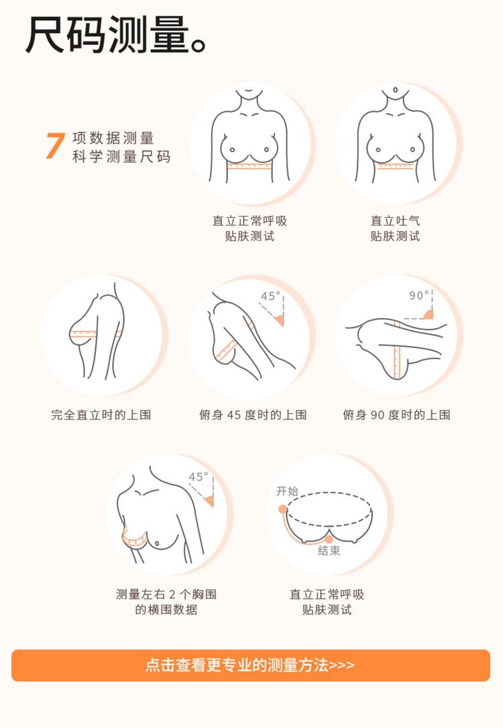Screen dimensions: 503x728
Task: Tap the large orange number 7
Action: pyautogui.click(x=55, y=146)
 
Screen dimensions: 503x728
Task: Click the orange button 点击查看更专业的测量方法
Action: pyautogui.click(x=251, y=666)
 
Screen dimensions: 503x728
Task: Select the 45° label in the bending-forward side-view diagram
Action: pyautogui.click(x=270, y=296)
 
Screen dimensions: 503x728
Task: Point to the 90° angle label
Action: pyautogui.click(x=419, y=295)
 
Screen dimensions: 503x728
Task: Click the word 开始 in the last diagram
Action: pyautogui.click(x=287, y=490)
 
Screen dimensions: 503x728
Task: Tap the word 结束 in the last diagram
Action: pyautogui.click(x=329, y=551)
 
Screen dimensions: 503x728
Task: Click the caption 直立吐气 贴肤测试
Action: pyautogui.click(x=395, y=228)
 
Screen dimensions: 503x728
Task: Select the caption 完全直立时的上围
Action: pyautogui.click(x=101, y=415)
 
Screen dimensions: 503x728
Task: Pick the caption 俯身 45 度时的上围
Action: pyautogui.click(x=253, y=415)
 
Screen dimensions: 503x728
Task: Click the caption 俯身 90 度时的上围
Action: pyautogui.click(x=397, y=415)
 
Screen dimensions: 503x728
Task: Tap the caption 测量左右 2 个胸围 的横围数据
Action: pyautogui.click(x=166, y=602)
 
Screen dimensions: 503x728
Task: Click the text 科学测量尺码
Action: pyautogui.click(x=121, y=157)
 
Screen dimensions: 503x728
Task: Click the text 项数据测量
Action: pyautogui.click(x=113, y=138)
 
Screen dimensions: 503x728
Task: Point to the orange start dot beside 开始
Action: pyautogui.click(x=282, y=509)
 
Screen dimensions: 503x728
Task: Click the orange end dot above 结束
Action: pyautogui.click(x=329, y=539)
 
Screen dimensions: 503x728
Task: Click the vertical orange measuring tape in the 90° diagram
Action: pyautogui.click(x=396, y=349)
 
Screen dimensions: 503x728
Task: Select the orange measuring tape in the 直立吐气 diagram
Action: pyautogui.click(x=395, y=166)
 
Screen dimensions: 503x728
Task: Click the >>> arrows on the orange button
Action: pyautogui.click(x=341, y=666)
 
